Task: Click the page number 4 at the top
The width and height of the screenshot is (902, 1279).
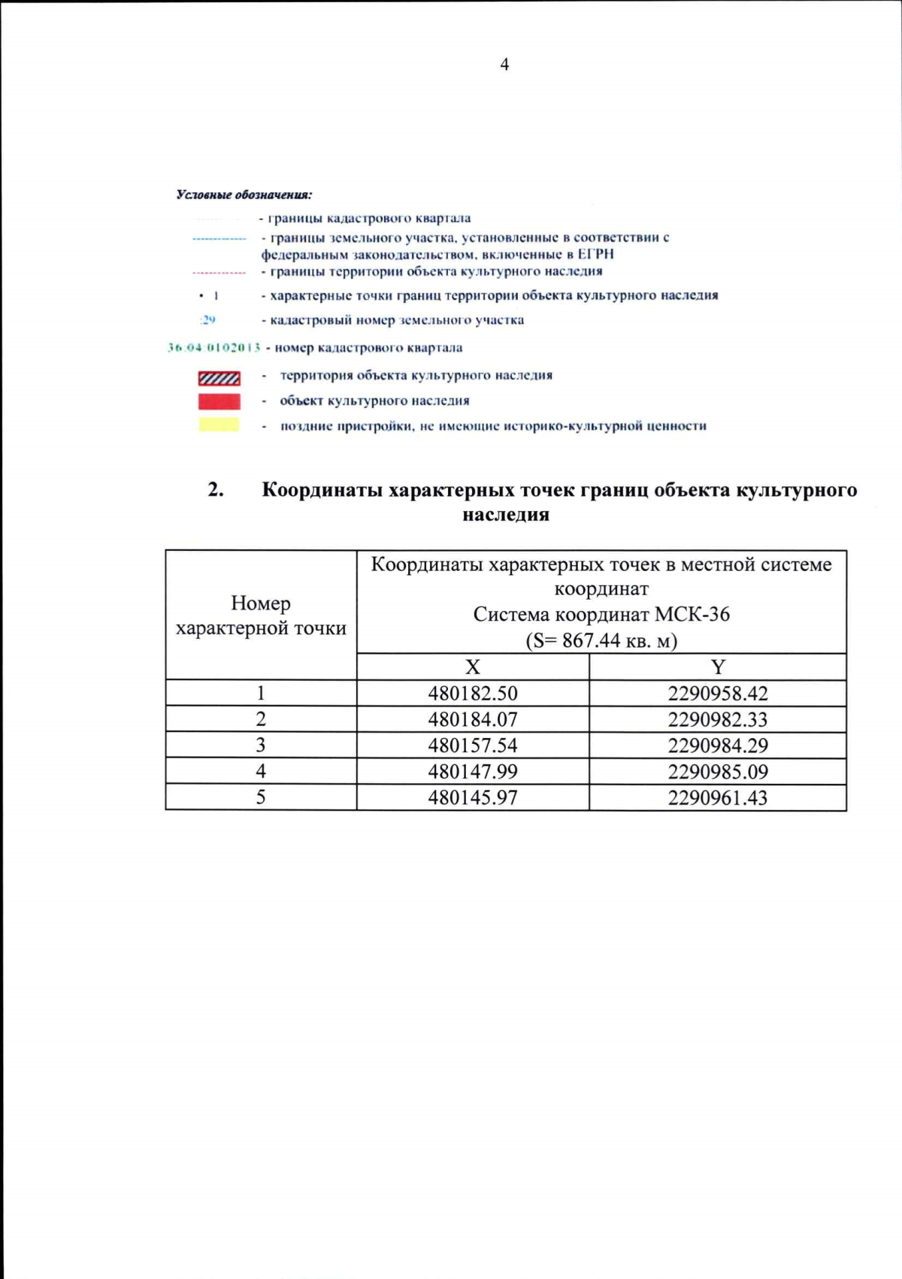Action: (x=504, y=65)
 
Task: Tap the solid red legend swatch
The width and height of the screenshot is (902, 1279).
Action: (x=219, y=401)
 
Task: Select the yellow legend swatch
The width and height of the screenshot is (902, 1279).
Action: (x=219, y=425)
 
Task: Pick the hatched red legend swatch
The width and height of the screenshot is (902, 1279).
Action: (x=219, y=377)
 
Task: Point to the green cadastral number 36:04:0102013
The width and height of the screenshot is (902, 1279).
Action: (x=213, y=348)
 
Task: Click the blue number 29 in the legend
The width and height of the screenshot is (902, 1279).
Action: (x=208, y=320)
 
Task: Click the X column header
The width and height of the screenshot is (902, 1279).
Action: (x=472, y=667)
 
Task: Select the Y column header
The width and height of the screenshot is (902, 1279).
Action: (x=718, y=667)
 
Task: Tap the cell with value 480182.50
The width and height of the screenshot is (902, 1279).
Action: (x=473, y=694)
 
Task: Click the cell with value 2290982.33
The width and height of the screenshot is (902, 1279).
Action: (x=718, y=720)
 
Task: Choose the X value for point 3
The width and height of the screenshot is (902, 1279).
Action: (x=473, y=745)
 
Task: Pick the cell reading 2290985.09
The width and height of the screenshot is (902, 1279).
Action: (x=718, y=772)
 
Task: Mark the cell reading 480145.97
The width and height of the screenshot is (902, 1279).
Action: (x=473, y=797)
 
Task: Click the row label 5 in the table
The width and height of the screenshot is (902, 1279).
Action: (x=261, y=797)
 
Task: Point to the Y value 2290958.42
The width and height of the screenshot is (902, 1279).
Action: (x=718, y=694)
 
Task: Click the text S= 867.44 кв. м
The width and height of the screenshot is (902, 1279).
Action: (x=601, y=641)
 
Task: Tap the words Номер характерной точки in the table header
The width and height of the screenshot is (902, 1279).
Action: (x=261, y=615)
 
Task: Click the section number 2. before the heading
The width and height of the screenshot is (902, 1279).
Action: (x=216, y=490)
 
